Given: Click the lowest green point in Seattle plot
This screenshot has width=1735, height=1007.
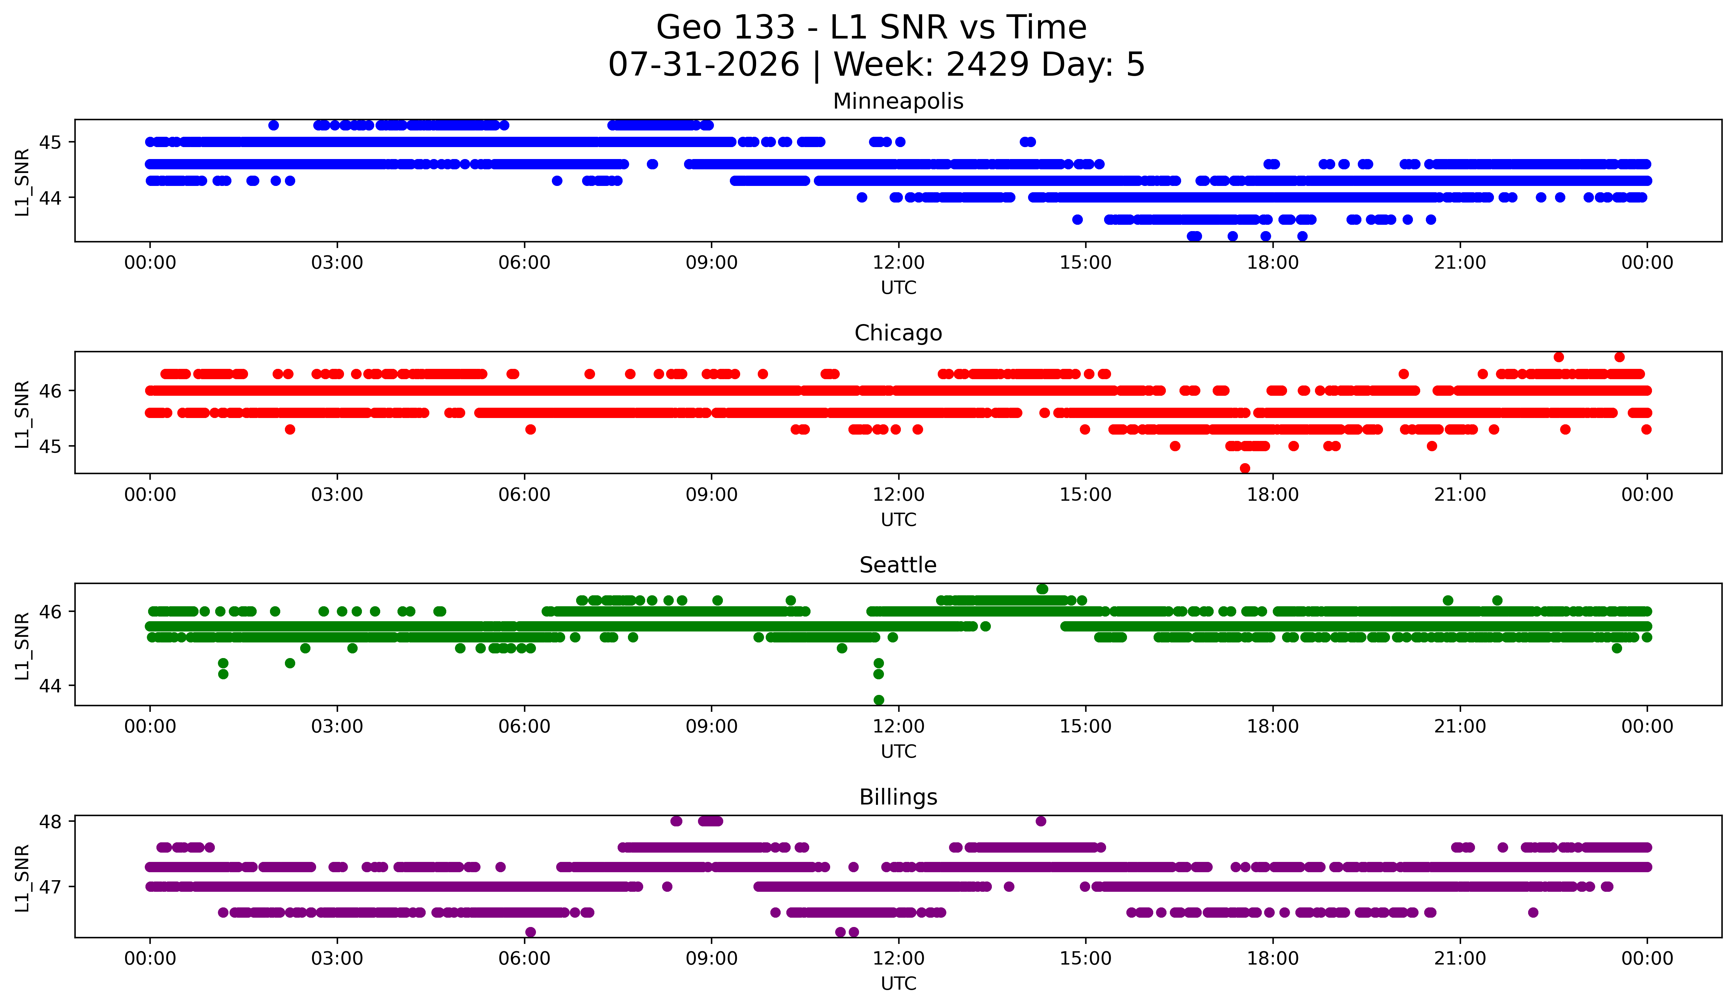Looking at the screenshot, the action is click(x=879, y=700).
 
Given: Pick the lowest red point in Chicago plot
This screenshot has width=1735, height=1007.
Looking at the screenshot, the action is click(x=1245, y=468).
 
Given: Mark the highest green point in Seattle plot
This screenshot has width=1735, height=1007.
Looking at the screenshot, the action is click(x=1042, y=589).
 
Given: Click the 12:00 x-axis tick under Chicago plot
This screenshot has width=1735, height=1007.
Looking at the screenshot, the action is click(x=899, y=494).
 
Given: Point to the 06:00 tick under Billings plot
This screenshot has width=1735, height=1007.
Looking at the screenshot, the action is click(x=525, y=958).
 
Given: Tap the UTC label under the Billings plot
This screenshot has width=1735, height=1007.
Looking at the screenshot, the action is click(x=899, y=984).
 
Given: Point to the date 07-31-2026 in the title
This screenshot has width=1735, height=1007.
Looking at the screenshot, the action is click(x=704, y=65).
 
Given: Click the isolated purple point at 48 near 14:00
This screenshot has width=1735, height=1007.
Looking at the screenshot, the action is click(x=1041, y=821).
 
